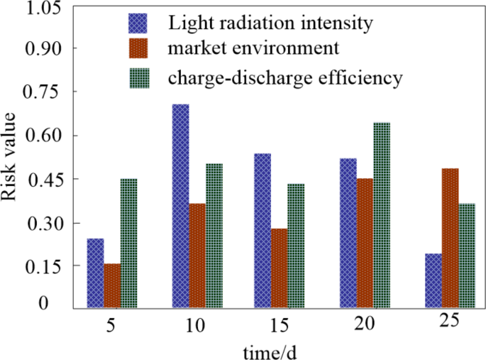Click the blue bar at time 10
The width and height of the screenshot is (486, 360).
(181, 206)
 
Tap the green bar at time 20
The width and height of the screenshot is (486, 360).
(382, 215)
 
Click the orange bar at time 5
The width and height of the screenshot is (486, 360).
(112, 285)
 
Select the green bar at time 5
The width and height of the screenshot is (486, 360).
(128, 243)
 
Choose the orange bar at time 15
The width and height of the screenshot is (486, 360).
(279, 268)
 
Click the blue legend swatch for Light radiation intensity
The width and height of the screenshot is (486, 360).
(138, 23)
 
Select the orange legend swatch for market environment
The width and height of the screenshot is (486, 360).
(138, 50)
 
